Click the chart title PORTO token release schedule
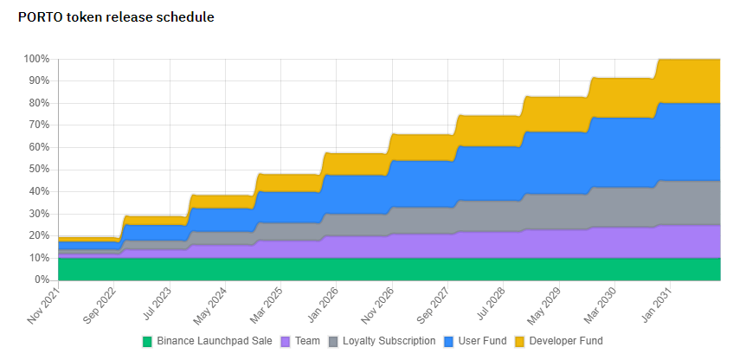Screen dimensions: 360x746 (x=116, y=16)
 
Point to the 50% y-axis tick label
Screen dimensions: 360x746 (x=38, y=170)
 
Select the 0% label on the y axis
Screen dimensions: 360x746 (x=42, y=280)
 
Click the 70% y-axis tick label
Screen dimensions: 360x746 (x=38, y=125)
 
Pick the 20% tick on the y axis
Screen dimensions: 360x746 (x=38, y=235)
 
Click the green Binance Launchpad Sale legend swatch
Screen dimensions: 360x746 (x=147, y=341)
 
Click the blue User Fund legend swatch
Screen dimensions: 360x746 (x=450, y=341)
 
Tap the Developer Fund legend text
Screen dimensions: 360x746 (x=566, y=341)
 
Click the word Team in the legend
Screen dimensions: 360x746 (x=306, y=341)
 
